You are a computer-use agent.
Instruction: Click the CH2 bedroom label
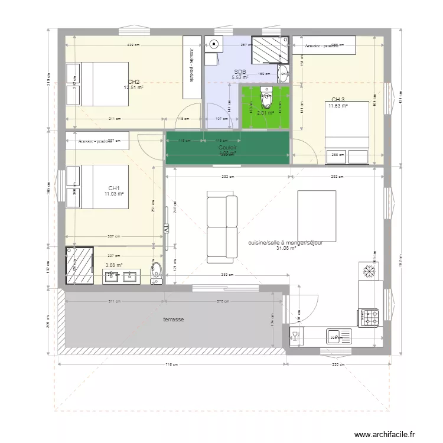click(x=133, y=82)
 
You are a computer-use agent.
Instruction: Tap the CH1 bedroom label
click(x=114, y=188)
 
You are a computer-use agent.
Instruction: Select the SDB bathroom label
click(x=239, y=71)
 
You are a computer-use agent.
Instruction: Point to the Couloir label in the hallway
click(x=227, y=148)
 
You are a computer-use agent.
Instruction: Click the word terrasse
click(x=174, y=320)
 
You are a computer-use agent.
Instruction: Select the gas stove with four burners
click(x=369, y=317)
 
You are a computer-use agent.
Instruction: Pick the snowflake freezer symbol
click(x=369, y=271)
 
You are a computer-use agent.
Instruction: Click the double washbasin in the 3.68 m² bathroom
click(x=120, y=276)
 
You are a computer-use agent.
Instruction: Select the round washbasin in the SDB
click(x=283, y=75)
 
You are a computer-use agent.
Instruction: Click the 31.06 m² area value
click(x=286, y=249)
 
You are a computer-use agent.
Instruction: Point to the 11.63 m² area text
click(x=338, y=106)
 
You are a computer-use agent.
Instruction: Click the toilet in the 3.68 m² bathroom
click(x=157, y=271)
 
